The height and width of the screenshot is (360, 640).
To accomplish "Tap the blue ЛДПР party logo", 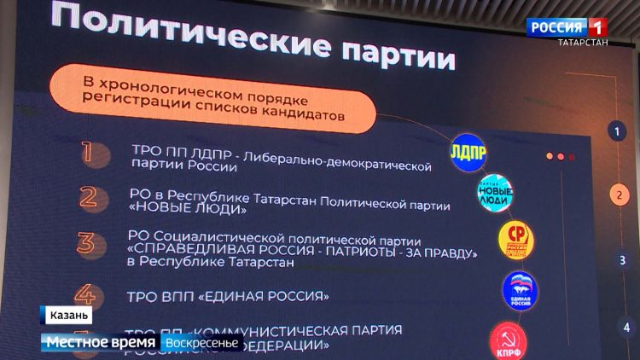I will (467, 150).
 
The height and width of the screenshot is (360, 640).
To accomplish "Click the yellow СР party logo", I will (515, 241).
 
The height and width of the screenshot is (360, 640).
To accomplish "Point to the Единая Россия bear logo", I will (520, 290).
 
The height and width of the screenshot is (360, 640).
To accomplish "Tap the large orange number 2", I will (87, 198).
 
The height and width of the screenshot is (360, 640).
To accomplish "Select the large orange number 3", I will (86, 243).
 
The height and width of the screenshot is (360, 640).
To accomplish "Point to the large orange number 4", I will (85, 296).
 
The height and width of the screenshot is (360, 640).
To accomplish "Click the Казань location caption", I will (65, 316).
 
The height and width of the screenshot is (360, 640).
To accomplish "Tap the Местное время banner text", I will (101, 342).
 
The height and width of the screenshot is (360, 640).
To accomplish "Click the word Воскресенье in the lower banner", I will (204, 342).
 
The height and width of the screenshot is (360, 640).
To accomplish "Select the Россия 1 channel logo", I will (565, 26).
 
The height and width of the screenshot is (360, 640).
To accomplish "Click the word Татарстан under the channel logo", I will (583, 43).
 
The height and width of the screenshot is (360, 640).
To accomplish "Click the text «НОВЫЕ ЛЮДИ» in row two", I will (187, 207).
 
